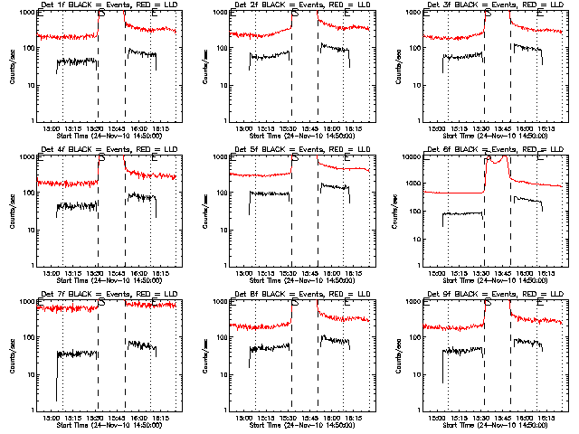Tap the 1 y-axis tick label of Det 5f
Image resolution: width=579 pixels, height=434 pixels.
pyautogui.click(x=227, y=265)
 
